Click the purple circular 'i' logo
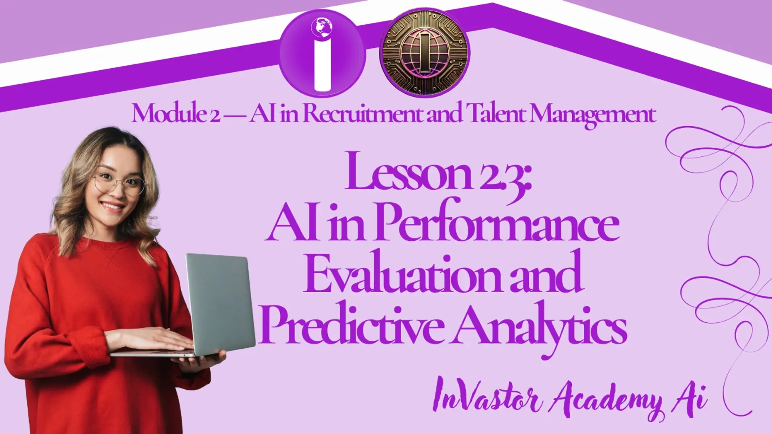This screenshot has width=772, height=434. pyautogui.click(x=322, y=53)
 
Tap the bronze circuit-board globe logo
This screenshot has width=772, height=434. pyautogui.click(x=425, y=53)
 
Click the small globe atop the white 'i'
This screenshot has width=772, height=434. pyautogui.click(x=322, y=27)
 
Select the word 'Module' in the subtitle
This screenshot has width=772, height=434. pyautogui.click(x=169, y=113)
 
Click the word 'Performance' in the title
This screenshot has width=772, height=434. pyautogui.click(x=497, y=221)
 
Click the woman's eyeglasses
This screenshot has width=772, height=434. pyautogui.click(x=119, y=184)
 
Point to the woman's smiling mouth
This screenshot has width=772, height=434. pyautogui.click(x=112, y=207)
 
